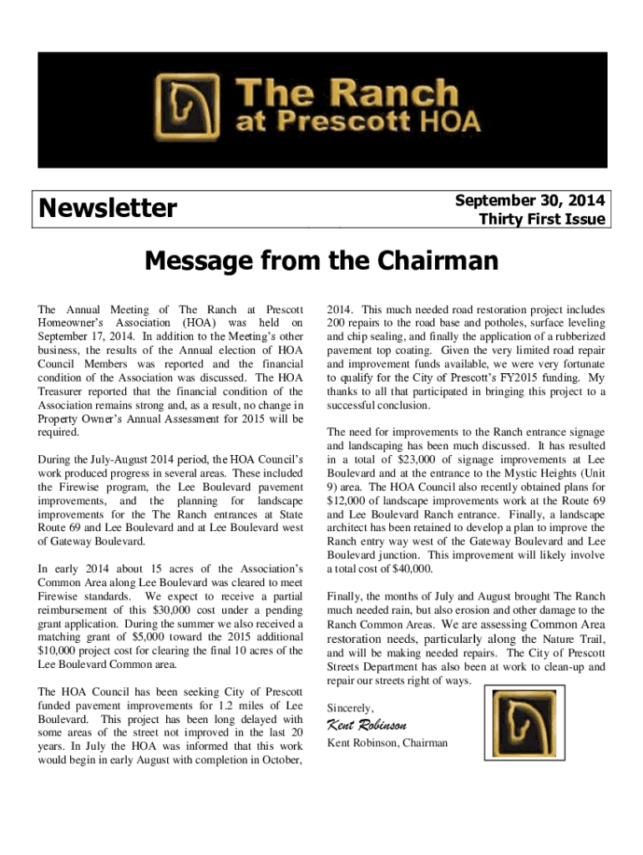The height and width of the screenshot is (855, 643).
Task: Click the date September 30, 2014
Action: [529, 200]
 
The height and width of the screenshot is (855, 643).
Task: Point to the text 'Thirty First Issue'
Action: [541, 220]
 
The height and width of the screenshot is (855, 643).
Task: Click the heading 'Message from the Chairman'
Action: [321, 262]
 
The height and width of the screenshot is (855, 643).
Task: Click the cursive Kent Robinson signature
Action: [367, 724]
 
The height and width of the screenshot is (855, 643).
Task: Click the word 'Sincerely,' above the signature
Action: [351, 707]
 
